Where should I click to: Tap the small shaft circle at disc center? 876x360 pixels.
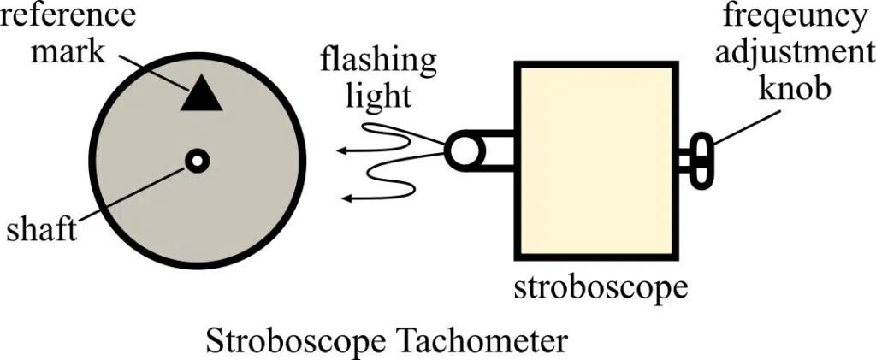click(198, 160)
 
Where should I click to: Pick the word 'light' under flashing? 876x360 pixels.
click(377, 95)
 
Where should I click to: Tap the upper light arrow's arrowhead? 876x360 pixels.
click(340, 151)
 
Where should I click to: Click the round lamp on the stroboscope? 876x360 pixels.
click(462, 151)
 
